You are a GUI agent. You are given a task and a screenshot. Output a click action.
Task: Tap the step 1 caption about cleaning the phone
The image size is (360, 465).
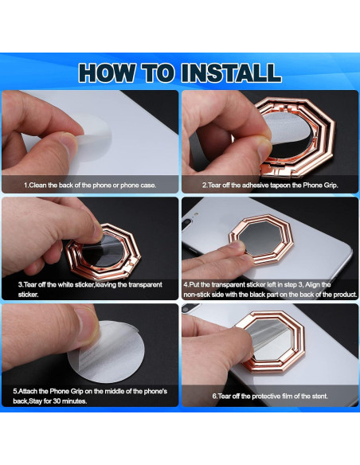point(90,185)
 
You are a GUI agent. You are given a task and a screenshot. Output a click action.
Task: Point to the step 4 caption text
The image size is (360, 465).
point(270,289)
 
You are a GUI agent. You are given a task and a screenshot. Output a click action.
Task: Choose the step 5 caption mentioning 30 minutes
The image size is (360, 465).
point(90,396)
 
